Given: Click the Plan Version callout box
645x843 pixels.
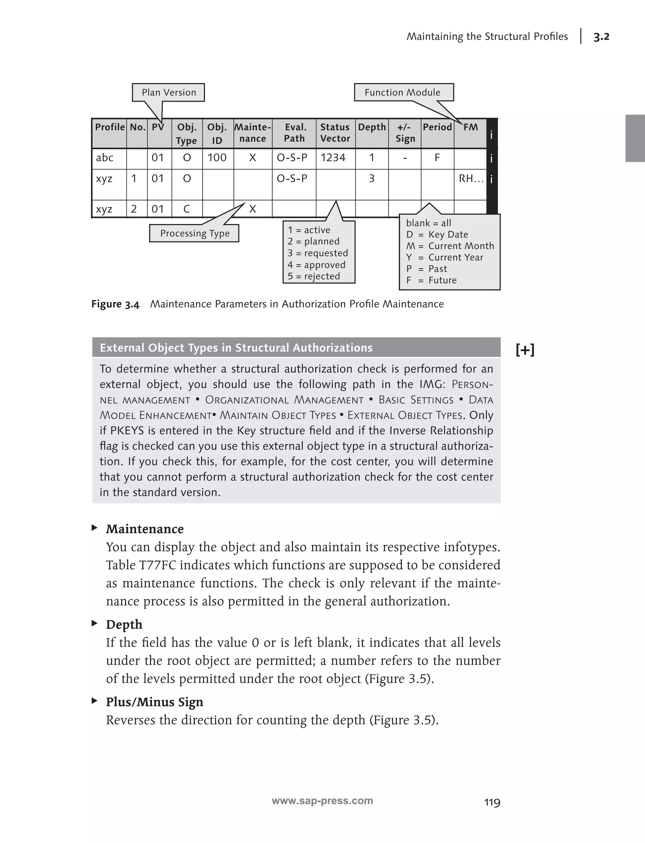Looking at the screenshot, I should point(168,93).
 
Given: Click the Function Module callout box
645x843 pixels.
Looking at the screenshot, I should point(403,93).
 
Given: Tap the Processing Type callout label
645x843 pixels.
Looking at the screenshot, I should point(195,233).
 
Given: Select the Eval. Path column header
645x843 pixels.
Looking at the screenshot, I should point(294,133).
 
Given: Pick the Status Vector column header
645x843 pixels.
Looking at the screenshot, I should point(335,133).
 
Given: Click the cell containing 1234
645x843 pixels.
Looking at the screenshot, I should point(333,158).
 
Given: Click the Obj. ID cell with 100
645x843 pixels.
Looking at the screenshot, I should point(217,158).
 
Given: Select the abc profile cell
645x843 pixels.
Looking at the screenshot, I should point(105,158).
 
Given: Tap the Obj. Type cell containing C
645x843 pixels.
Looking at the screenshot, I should point(186,209).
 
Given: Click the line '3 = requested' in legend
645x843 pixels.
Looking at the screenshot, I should point(318,253).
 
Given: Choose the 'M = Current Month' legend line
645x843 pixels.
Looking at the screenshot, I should point(450,246).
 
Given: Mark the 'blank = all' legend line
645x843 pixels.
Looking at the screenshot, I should point(428,223).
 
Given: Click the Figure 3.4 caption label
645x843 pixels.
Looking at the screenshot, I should point(115,304).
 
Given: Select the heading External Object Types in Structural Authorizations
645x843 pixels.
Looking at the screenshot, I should point(236,348).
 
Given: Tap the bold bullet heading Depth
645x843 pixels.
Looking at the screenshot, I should point(124,624).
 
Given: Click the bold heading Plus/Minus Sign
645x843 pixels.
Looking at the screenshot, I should point(154,702).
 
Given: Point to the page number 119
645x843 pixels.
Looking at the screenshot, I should point(492,802).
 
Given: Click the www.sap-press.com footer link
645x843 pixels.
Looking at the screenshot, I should point(322,801).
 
